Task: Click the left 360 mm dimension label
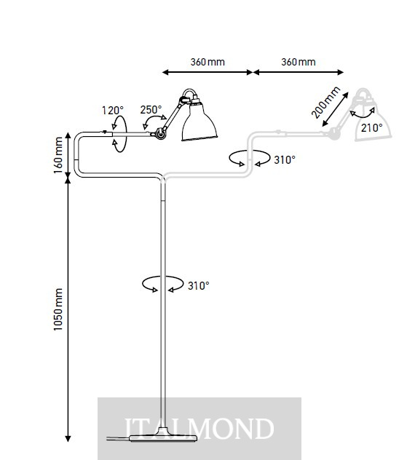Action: pos(208,62)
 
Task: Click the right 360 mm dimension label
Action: pos(299,62)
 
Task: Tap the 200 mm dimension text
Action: pos(325,103)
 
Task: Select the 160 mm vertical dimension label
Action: pos(58,155)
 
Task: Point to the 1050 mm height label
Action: pos(58,309)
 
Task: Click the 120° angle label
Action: pos(113,111)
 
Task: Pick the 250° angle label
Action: pos(151,110)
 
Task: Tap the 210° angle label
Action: pos(372,128)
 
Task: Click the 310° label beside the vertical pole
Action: pos(199,285)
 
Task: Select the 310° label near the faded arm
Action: pos(285,160)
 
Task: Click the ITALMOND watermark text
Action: pos(199,429)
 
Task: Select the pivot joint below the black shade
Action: pos(160,133)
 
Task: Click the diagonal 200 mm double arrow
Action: pos(336,109)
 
